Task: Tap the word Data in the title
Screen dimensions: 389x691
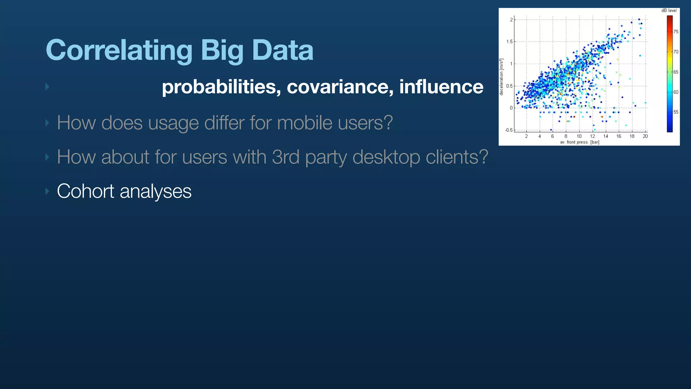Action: tap(283, 50)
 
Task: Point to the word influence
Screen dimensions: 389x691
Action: tap(441, 87)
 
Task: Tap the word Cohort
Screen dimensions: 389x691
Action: tap(85, 191)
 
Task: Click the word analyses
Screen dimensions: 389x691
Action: tap(156, 191)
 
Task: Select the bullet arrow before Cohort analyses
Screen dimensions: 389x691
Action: tap(47, 191)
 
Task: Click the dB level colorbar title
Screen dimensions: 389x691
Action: tap(669, 10)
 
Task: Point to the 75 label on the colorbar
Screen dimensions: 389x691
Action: tap(676, 32)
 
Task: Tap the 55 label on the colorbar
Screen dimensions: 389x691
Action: tap(676, 112)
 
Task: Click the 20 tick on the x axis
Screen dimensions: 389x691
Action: tap(645, 136)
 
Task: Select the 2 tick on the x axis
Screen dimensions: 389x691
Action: tap(526, 136)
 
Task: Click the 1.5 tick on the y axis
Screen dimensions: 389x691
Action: tap(509, 42)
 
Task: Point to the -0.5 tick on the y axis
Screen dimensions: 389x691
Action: tap(508, 130)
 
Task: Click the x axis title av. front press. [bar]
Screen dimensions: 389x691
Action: tap(580, 142)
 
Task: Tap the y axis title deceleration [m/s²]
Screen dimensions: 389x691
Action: tap(501, 77)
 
